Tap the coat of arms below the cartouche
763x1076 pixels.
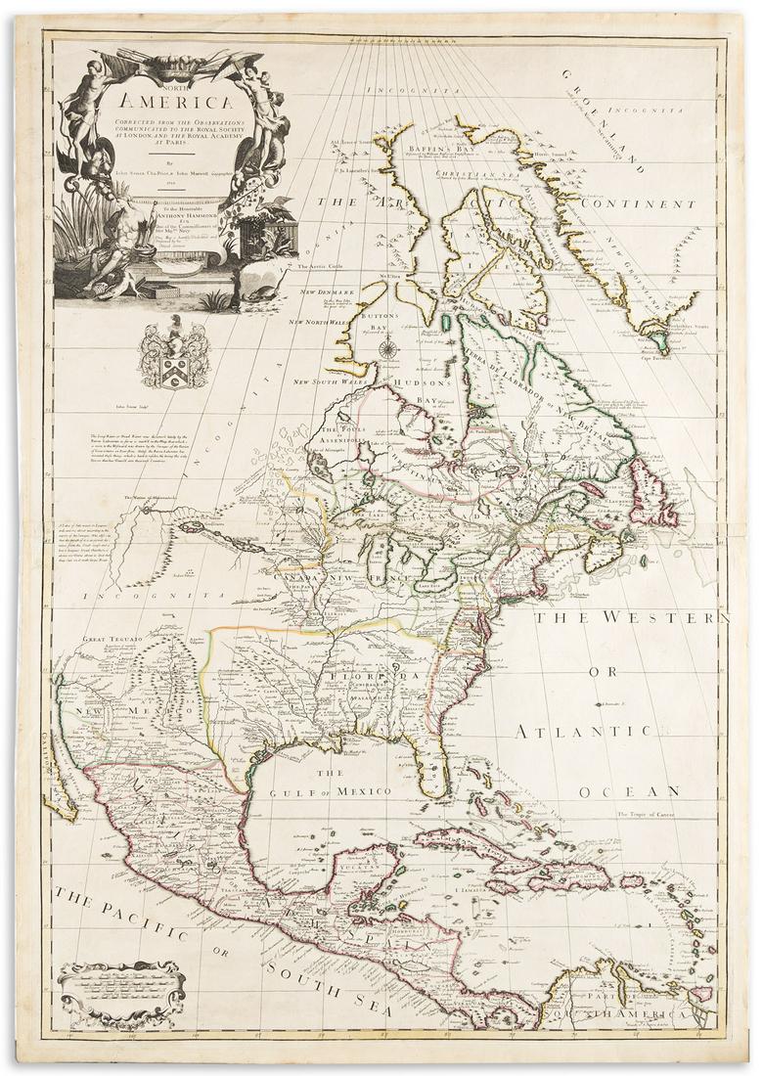[173, 357]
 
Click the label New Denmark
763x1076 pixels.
[324, 293]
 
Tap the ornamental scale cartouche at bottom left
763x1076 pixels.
[120, 993]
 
